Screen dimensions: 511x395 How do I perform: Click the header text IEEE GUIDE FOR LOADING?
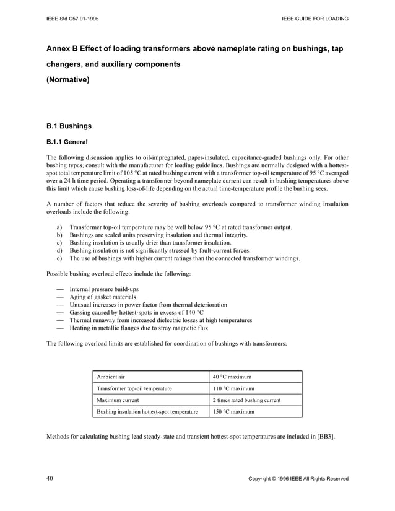[314, 19]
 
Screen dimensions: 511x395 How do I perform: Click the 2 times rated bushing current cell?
[246, 400]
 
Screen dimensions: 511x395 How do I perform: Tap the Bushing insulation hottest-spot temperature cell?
[147, 412]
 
